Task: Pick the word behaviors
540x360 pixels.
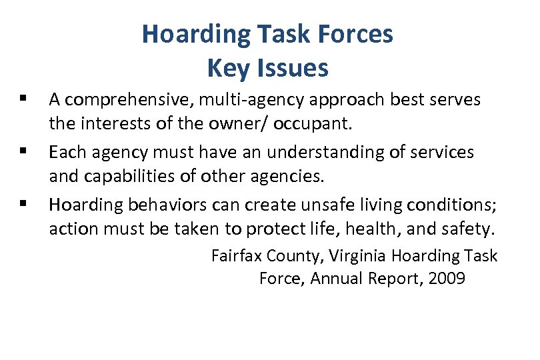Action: (x=161, y=204)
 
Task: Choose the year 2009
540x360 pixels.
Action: (x=447, y=279)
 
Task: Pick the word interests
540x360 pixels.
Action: (x=106, y=125)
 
